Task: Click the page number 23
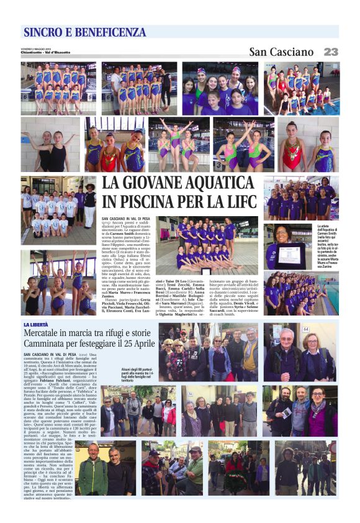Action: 330,52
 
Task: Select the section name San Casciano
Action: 281,52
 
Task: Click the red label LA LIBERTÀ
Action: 37,325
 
